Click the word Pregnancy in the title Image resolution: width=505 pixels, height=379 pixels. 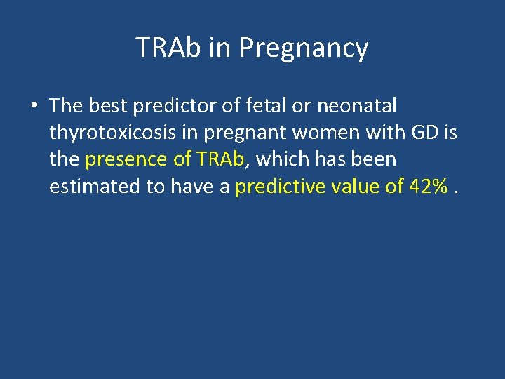pyautogui.click(x=303, y=48)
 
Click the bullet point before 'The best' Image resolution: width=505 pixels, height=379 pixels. pyautogui.click(x=34, y=107)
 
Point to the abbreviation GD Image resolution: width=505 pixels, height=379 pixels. pyautogui.click(x=426, y=133)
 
